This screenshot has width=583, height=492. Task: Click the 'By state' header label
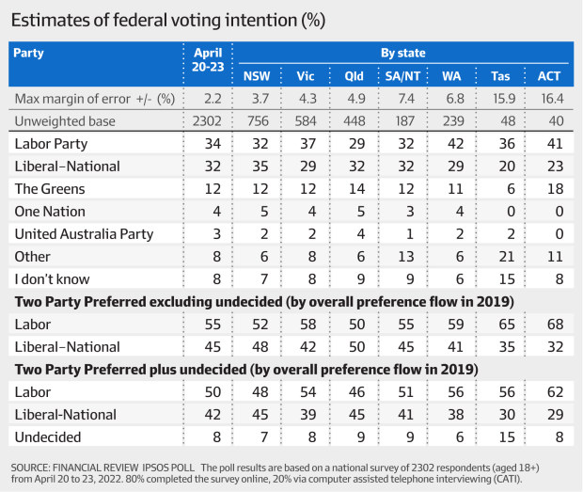(405, 53)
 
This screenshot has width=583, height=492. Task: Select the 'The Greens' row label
(49, 189)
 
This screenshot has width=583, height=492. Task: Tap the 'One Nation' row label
(51, 211)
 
